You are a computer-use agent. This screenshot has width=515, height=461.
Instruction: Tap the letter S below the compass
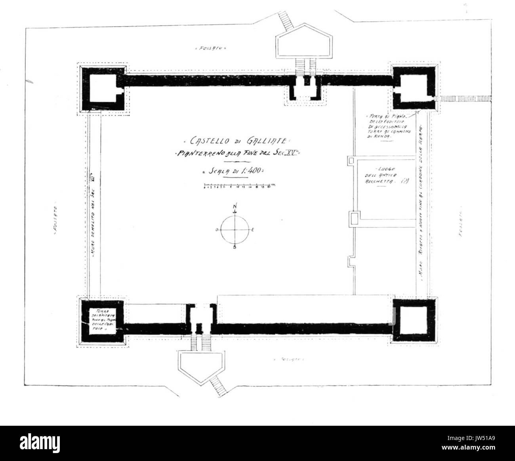(x=235, y=248)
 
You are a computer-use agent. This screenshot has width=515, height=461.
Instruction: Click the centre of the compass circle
(x=235, y=229)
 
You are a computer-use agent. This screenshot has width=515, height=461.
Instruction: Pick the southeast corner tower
(x=414, y=320)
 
